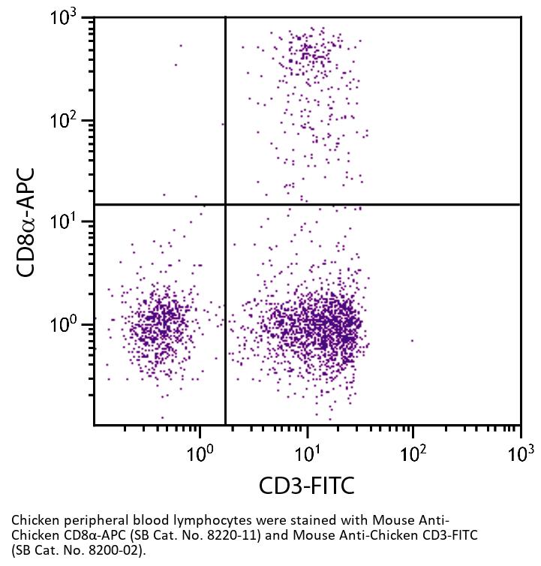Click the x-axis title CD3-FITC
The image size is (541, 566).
[x=306, y=486]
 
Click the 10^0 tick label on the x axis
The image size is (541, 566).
[x=199, y=453]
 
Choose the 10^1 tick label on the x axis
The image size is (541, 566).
[x=305, y=453]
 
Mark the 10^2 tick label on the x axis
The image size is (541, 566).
[x=412, y=453]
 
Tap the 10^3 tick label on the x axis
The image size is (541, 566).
[x=519, y=453]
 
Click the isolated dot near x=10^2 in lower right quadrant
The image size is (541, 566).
[x=412, y=341]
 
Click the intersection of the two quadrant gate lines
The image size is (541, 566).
[x=226, y=204]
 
